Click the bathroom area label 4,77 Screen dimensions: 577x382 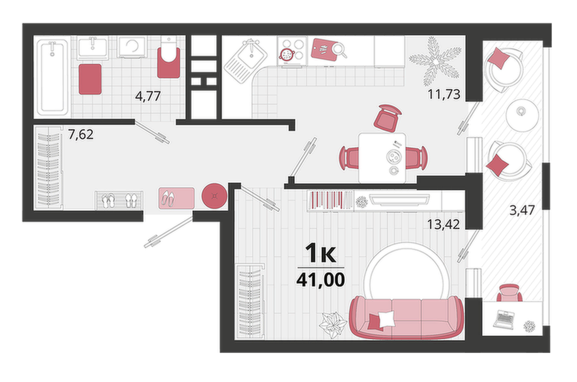[148, 96]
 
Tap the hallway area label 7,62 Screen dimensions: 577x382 [81, 134]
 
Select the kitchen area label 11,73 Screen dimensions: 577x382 [444, 94]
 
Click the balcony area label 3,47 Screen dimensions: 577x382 [522, 210]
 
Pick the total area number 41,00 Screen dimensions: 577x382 [320, 279]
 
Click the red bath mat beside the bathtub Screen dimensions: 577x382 [90, 79]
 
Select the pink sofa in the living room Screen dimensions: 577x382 [407, 317]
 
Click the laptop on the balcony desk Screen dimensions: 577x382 [503, 319]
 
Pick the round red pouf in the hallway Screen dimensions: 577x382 [214, 196]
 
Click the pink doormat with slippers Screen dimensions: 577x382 [176, 198]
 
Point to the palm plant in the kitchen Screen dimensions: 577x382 [435, 61]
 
